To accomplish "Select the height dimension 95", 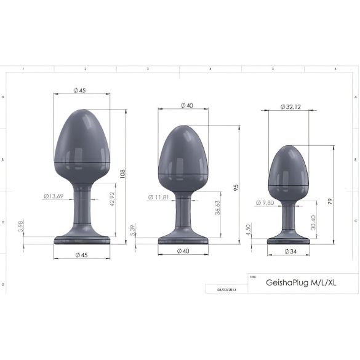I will click(237, 186).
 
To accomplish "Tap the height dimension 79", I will click(331, 201).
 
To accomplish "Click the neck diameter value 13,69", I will click(54, 196).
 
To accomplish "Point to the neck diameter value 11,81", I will click(159, 198).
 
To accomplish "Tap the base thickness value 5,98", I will click(20, 228).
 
